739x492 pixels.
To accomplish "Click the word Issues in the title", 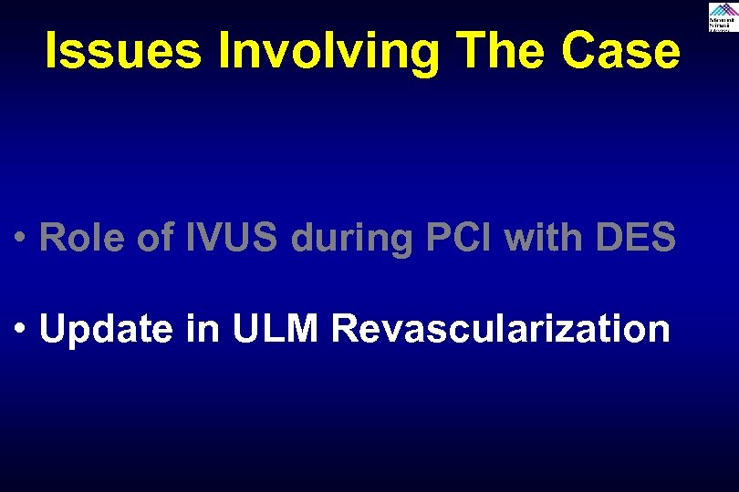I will pos(122,52).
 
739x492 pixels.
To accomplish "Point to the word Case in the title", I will pos(622,52).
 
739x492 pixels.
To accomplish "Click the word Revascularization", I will pos(501,328).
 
